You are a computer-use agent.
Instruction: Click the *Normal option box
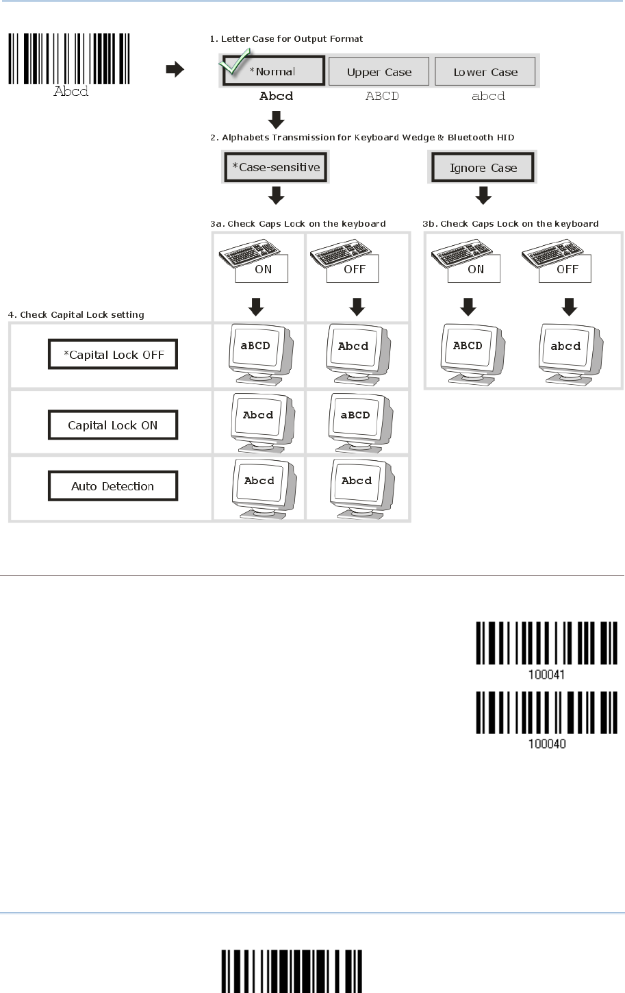(273, 71)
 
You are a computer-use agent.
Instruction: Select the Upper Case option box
(379, 72)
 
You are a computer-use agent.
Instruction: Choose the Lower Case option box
(485, 72)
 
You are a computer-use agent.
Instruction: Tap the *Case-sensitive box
(276, 167)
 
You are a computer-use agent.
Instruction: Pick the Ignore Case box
(483, 168)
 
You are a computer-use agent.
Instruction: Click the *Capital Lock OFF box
(113, 355)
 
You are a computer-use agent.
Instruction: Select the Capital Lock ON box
(113, 425)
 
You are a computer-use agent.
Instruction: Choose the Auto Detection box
(113, 486)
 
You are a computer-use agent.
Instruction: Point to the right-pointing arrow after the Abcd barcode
(175, 69)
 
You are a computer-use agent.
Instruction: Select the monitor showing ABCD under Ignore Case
(469, 349)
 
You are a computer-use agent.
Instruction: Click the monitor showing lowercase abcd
(567, 349)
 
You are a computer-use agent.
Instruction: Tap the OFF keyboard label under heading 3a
(355, 269)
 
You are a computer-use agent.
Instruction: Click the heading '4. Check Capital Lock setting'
(76, 315)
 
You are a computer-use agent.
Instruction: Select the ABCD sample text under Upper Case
(382, 97)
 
